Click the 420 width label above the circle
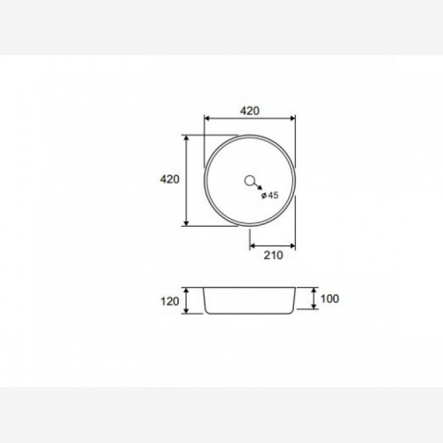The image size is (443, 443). (250, 111)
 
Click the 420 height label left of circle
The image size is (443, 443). (170, 179)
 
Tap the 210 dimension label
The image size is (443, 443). (273, 255)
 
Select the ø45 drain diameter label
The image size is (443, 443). (270, 195)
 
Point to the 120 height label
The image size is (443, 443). (170, 301)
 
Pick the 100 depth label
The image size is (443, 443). (330, 299)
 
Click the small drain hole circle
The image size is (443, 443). (250, 181)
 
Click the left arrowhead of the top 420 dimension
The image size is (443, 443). (207, 119)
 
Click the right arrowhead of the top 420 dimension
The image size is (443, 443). (292, 119)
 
